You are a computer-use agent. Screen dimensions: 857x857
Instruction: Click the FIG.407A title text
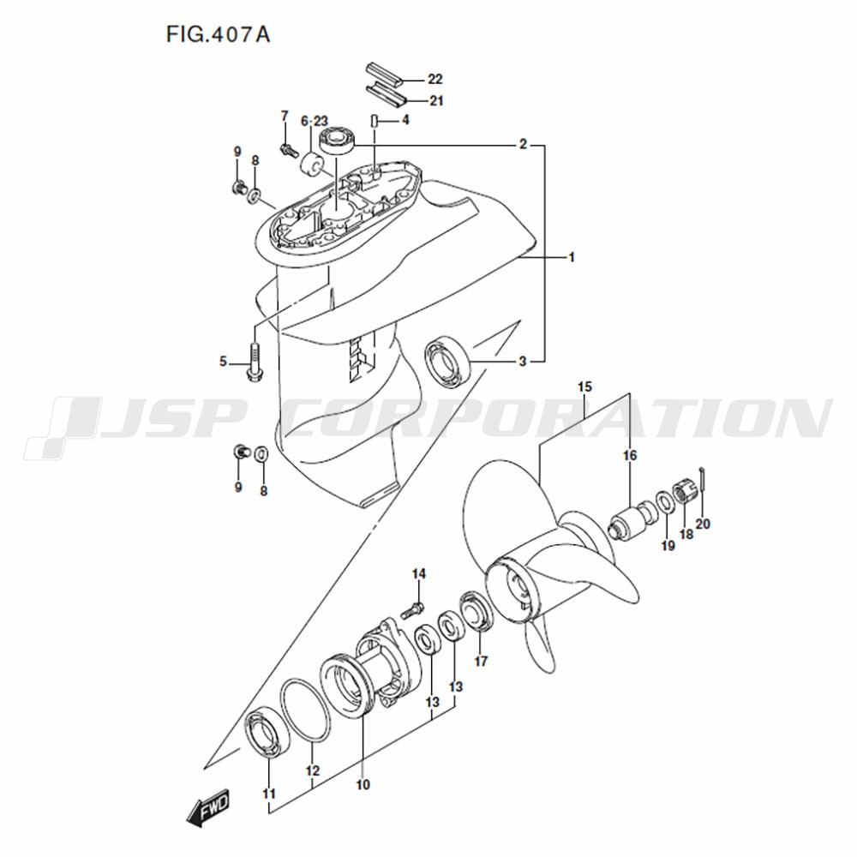[x=218, y=35]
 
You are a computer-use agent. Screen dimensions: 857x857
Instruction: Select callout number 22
[x=435, y=79]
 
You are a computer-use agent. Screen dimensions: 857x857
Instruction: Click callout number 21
[x=435, y=101]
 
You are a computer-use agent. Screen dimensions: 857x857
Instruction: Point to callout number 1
[x=572, y=257]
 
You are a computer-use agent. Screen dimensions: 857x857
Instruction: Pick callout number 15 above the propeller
[x=584, y=387]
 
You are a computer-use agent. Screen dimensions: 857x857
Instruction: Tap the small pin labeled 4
[x=375, y=120]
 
